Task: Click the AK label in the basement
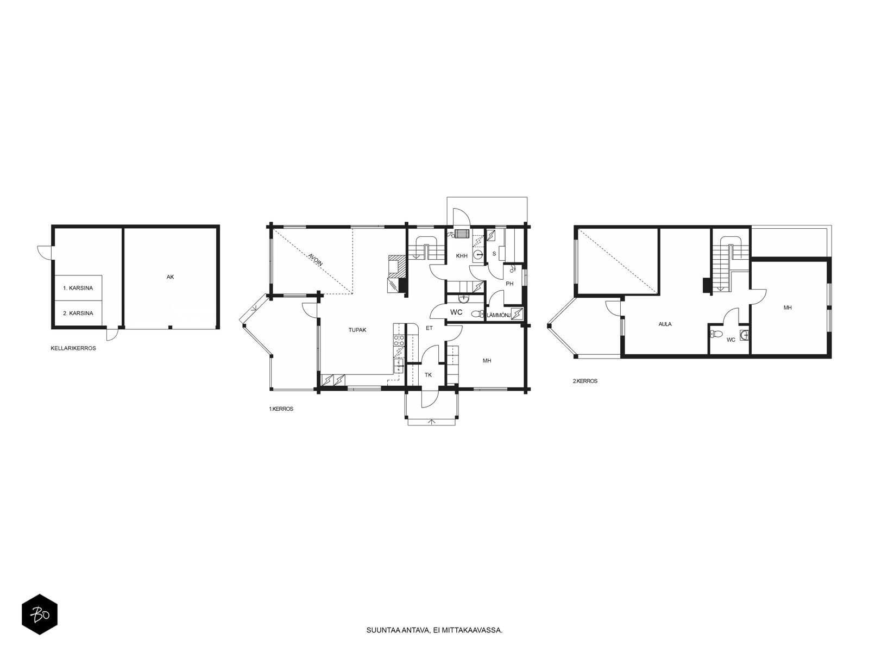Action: (x=170, y=277)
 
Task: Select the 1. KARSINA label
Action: (x=78, y=288)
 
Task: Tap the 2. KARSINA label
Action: (x=78, y=313)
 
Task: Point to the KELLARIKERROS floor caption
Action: (x=73, y=348)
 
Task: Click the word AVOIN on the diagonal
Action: (x=316, y=259)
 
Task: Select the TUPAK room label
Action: (x=357, y=330)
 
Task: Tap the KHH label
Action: (x=462, y=256)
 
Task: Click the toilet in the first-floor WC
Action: (x=477, y=315)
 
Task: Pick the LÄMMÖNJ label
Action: (x=499, y=315)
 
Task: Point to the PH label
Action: (x=509, y=284)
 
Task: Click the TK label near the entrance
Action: (x=428, y=375)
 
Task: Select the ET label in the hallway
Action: (x=429, y=328)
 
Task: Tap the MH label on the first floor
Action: (x=487, y=361)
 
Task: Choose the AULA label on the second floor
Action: (x=665, y=324)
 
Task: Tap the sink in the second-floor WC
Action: (x=744, y=335)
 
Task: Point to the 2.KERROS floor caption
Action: (x=585, y=381)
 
